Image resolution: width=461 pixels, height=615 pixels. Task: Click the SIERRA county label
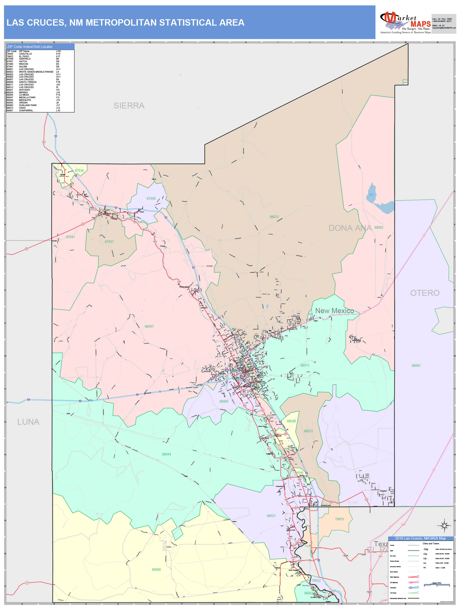tap(129, 106)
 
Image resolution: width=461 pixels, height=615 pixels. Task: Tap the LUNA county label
tap(28, 422)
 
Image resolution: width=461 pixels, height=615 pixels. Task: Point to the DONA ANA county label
tap(350, 228)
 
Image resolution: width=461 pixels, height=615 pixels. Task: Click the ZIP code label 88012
tap(274, 217)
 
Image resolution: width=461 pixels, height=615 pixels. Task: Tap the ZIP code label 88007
tap(149, 326)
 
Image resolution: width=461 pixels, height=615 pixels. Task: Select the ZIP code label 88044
tap(166, 454)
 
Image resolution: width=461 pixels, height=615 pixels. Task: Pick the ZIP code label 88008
tap(156, 570)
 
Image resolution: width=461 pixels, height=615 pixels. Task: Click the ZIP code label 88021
tap(271, 516)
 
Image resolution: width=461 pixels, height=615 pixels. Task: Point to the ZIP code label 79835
tap(339, 519)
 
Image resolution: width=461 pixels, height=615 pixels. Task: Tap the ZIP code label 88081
tap(416, 366)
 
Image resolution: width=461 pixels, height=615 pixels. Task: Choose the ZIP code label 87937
tap(109, 242)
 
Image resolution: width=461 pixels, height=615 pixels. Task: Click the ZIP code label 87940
tap(151, 199)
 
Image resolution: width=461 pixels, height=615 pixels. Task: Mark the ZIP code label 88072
tap(308, 431)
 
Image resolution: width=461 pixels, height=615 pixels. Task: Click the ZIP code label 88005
tap(224, 401)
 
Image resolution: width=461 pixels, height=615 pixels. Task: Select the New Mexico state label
tap(334, 311)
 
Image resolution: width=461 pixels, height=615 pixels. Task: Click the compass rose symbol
tap(444, 526)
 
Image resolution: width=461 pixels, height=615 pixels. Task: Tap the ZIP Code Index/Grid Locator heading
tap(30, 47)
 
